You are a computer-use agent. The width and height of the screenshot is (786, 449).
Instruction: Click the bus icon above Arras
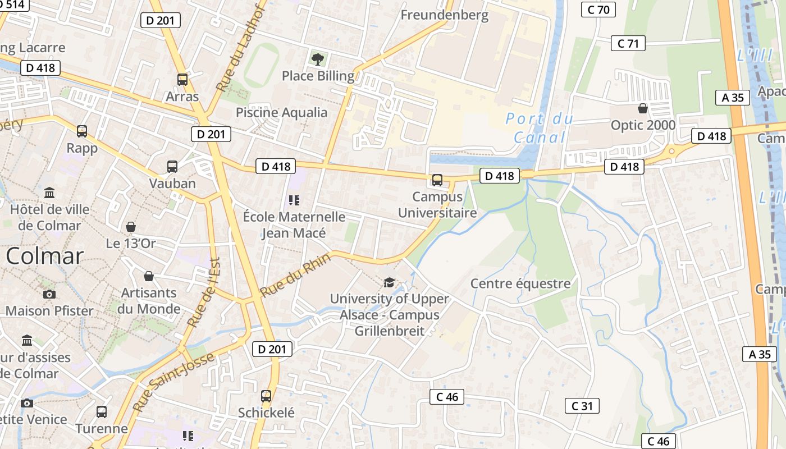point(182,79)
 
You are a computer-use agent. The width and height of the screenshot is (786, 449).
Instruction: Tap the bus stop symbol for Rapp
point(82,131)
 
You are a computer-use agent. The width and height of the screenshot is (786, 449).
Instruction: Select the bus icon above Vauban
point(172,167)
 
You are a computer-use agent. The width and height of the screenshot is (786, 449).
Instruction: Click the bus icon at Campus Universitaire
point(437,180)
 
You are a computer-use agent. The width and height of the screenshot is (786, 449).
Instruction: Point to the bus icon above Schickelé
point(266,396)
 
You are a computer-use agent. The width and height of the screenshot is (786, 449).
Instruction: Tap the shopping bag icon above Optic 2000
point(643,108)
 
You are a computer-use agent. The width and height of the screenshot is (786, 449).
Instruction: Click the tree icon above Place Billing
point(318,58)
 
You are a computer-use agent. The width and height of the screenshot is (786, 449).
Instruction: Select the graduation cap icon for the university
point(389,282)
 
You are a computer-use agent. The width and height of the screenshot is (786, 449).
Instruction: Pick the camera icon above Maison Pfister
point(49,294)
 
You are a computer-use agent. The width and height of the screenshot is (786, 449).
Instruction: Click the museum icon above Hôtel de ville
point(49,193)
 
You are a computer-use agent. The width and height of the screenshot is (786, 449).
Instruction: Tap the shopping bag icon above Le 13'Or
point(131,227)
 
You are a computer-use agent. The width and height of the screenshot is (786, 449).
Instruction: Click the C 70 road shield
point(598,10)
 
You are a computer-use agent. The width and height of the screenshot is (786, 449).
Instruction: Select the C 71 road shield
point(628,43)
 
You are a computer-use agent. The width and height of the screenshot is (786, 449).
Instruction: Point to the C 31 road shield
point(582,406)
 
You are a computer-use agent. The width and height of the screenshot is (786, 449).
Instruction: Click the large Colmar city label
point(45,256)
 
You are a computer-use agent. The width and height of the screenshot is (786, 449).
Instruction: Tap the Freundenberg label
point(445,15)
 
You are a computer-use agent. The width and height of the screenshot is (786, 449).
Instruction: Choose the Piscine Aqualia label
point(281,112)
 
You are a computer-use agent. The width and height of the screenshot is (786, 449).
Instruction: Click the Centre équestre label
point(520,283)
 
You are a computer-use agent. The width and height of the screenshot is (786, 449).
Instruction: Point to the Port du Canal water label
point(540,128)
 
